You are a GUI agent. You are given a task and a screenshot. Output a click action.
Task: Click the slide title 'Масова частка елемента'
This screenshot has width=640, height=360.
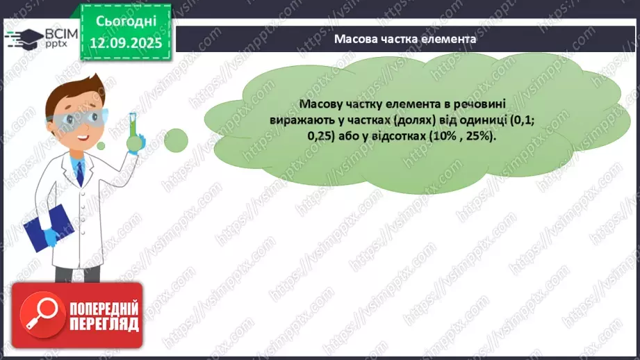(405, 40)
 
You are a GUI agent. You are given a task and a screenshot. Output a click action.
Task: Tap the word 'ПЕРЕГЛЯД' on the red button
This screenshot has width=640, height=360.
(104, 324)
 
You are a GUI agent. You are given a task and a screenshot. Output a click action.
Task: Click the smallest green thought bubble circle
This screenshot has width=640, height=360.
(101, 145)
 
